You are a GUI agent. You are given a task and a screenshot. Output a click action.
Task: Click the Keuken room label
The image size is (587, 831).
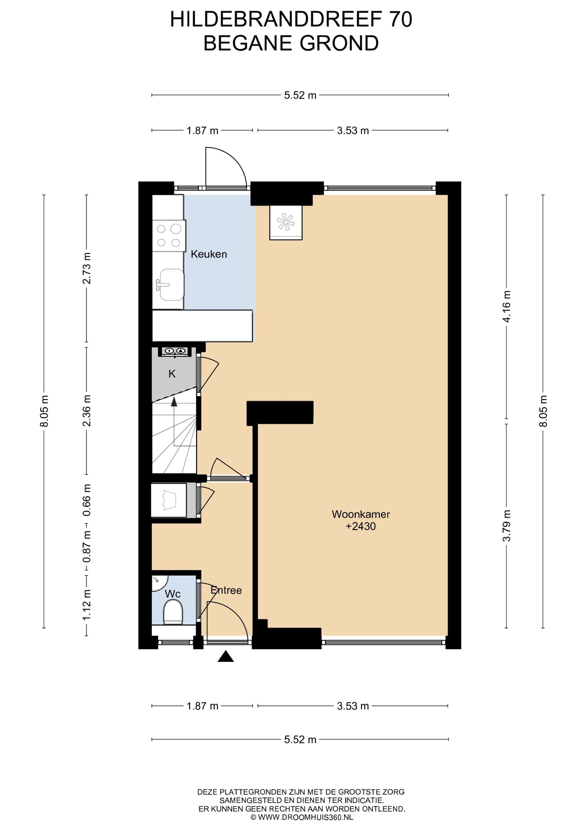point(209,254)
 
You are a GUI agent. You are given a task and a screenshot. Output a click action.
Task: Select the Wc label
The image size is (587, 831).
point(172,594)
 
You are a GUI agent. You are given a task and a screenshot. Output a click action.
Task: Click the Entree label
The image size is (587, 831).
point(226,590)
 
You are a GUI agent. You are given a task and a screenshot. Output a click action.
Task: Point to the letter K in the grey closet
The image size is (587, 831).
point(172,374)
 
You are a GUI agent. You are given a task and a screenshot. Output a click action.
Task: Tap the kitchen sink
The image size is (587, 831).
point(170,285)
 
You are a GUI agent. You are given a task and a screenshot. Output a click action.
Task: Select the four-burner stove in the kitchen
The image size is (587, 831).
point(169,236)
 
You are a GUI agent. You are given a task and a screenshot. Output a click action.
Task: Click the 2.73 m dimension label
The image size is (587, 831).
point(87,268)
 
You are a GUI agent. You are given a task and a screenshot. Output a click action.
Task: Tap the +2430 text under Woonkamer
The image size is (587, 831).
point(361,526)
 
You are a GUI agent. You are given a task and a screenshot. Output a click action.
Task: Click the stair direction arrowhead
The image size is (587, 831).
point(174,401)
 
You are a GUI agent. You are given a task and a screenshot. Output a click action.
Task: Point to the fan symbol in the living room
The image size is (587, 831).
point(286,222)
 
